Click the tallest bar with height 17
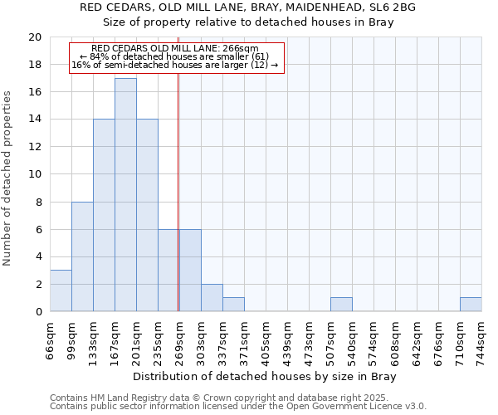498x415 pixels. (x=125, y=194)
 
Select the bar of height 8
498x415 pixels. (x=82, y=256)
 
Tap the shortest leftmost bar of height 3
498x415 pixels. (x=61, y=290)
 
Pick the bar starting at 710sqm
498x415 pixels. (x=471, y=305)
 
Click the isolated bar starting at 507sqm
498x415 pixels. (x=341, y=305)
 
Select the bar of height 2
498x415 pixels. (x=212, y=298)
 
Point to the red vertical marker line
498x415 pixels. (x=178, y=191)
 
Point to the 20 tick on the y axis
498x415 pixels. (x=35, y=37)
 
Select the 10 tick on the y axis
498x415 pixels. (x=35, y=174)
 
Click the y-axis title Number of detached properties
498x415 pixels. (x=8, y=174)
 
